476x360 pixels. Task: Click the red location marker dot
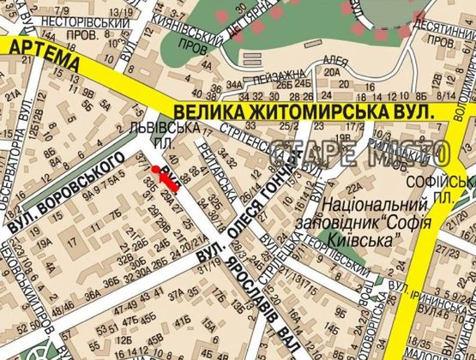156,170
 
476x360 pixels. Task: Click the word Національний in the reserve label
377,206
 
